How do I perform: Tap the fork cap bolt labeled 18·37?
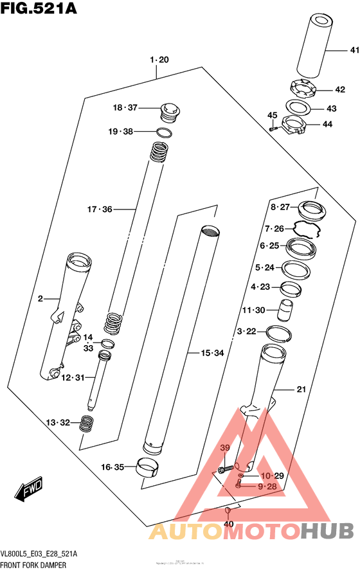(170, 112)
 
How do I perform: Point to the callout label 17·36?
(100, 209)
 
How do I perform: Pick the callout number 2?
(40, 299)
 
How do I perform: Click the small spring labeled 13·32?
(87, 423)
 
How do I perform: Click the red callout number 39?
(225, 447)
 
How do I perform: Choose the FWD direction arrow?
(29, 492)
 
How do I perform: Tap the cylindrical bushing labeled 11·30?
(285, 310)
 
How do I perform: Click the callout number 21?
(301, 389)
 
